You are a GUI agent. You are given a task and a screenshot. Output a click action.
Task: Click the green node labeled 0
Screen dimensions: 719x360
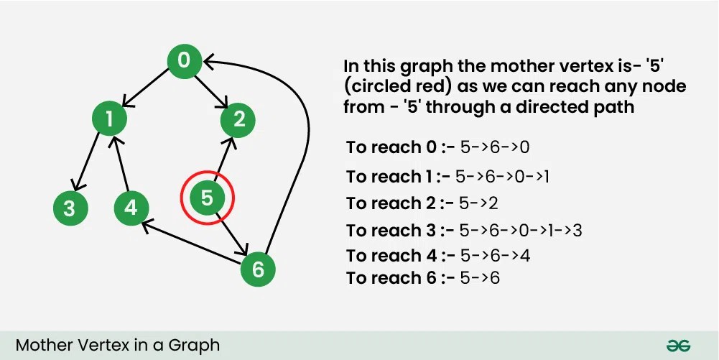coord(184,60)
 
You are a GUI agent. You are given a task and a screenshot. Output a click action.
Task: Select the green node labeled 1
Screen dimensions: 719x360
coord(110,119)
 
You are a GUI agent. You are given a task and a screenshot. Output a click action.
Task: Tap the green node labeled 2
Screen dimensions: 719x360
coord(238,119)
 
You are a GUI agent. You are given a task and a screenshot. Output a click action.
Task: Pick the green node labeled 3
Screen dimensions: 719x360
coord(70,208)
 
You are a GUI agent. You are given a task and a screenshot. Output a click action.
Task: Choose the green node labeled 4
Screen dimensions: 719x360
coord(131,208)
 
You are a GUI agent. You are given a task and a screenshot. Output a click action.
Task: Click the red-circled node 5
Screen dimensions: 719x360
coord(208,198)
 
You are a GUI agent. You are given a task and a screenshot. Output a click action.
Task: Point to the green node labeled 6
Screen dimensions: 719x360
coord(258,269)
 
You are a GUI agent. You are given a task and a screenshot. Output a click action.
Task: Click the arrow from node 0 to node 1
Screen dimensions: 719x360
coord(147,89)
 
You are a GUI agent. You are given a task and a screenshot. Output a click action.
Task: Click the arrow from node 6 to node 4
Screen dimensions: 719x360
coord(194,244)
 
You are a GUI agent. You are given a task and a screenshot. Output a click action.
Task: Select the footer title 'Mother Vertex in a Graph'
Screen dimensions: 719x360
coord(118,345)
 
